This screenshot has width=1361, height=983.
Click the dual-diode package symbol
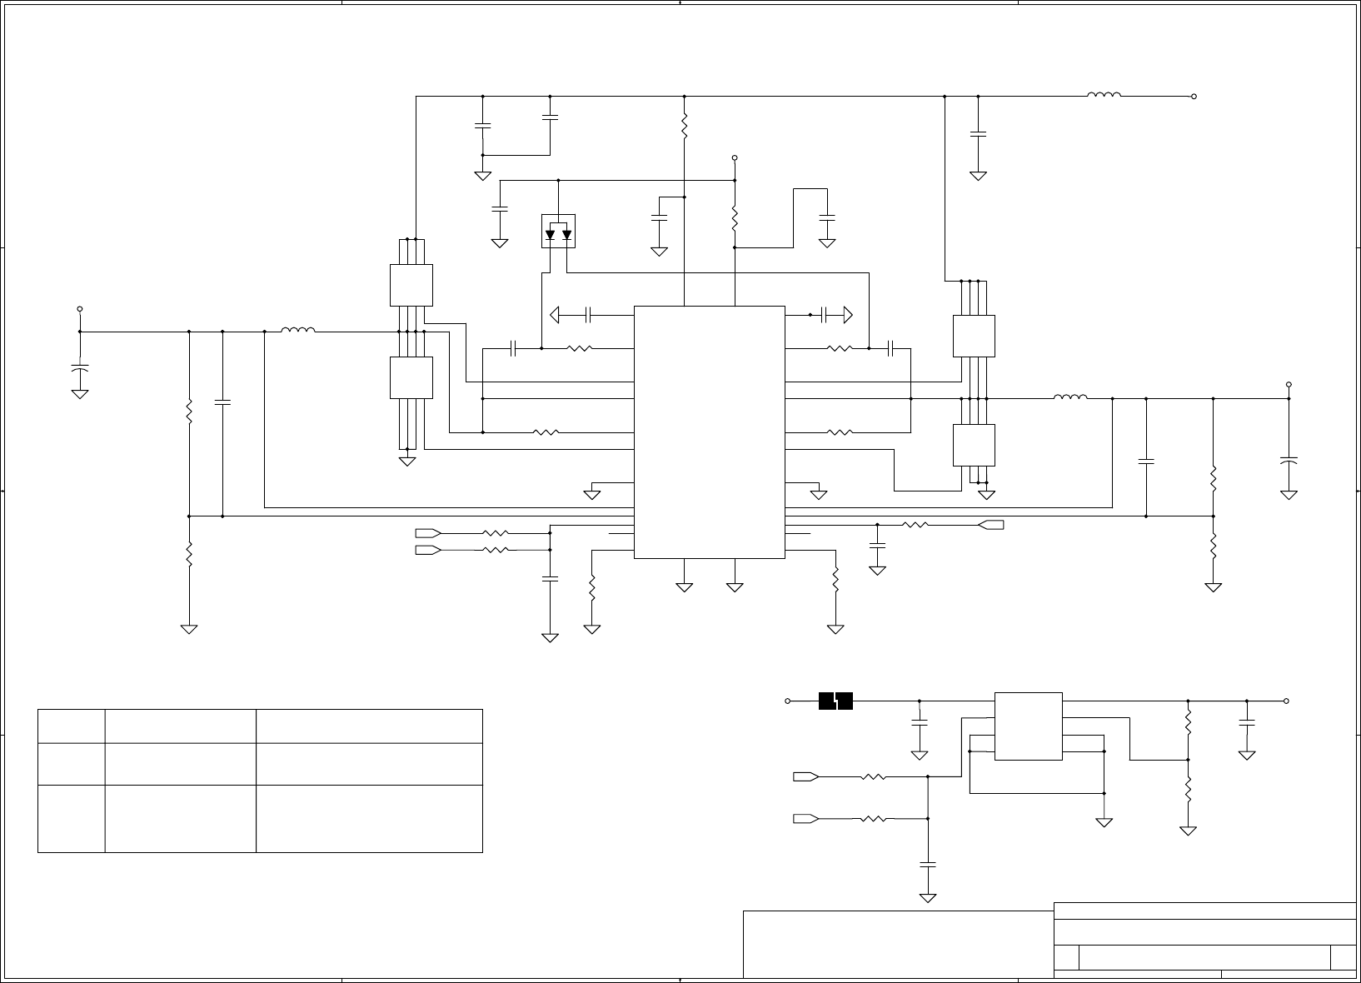tap(558, 232)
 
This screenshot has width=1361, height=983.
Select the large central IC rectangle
tap(709, 432)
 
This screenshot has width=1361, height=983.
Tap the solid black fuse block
tap(835, 701)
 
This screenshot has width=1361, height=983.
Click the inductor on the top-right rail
tap(1104, 95)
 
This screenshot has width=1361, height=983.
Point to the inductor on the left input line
tap(298, 330)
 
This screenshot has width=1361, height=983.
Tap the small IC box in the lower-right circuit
tap(1029, 726)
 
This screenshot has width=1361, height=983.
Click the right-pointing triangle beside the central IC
tap(847, 315)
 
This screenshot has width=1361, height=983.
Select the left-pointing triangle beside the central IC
tap(556, 315)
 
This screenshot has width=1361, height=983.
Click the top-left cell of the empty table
tap(72, 726)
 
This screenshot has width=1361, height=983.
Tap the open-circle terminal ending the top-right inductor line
tap(1194, 97)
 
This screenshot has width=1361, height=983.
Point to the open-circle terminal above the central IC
tap(735, 157)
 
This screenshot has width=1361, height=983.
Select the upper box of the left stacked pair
tap(411, 285)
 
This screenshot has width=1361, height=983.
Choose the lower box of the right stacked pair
tap(974, 445)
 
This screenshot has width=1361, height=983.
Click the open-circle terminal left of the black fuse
tap(788, 701)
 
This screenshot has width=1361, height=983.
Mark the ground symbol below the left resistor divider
tap(189, 629)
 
